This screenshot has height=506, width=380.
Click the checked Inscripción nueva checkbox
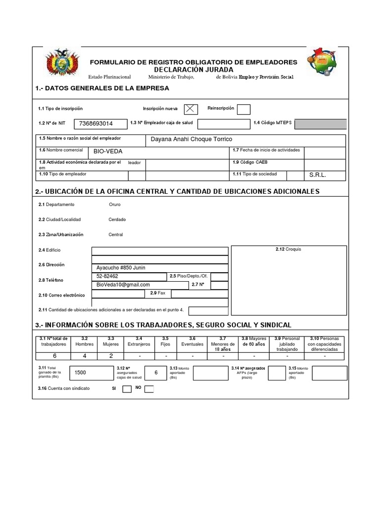tap(191, 109)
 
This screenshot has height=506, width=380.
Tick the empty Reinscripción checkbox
tap(243, 109)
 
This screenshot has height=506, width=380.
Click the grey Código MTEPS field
tap(320, 124)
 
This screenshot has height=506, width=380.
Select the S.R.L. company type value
tap(318, 175)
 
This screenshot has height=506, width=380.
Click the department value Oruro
tap(114, 204)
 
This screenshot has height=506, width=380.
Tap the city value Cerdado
tap(117, 219)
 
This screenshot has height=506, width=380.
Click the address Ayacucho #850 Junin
tap(121, 268)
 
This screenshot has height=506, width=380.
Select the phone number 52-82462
tap(107, 276)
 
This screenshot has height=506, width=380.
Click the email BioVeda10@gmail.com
tap(123, 285)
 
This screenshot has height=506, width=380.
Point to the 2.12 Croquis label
tap(288, 249)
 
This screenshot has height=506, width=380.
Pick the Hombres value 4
tap(84, 355)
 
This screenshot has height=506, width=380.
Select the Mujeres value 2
tap(111, 355)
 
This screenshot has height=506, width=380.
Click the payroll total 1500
tap(80, 373)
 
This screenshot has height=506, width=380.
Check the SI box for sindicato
tap(127, 389)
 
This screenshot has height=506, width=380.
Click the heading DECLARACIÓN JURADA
tap(193, 70)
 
